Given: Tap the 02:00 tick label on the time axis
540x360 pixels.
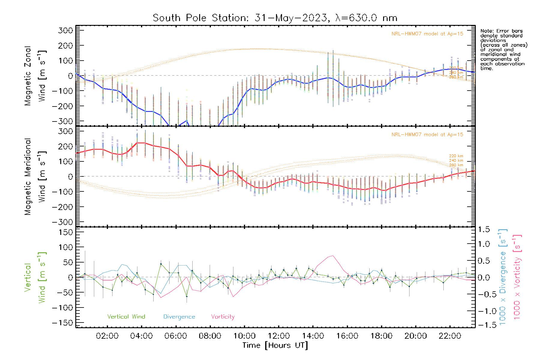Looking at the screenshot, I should click(107, 336).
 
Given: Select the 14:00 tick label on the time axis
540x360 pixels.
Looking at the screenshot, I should click(313, 336).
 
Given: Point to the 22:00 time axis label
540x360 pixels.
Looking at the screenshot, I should click(450, 336).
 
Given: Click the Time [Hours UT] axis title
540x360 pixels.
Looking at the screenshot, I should click(275, 345).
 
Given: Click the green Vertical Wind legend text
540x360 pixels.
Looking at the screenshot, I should click(126, 317).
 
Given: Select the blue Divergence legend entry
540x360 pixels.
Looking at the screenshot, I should click(179, 317).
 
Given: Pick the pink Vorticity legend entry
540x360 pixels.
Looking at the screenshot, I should click(223, 317).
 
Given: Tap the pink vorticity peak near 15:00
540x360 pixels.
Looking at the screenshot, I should click(332, 256).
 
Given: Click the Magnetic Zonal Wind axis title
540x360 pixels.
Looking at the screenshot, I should click(35, 76).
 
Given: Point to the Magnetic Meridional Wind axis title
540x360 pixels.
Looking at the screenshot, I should click(35, 176).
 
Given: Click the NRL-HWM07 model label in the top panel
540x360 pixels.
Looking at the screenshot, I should click(427, 34).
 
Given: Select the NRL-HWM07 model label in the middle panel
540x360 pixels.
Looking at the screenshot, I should click(427, 135).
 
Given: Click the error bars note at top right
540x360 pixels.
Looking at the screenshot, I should click(503, 49).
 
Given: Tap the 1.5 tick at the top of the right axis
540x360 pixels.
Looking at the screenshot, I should click(484, 229).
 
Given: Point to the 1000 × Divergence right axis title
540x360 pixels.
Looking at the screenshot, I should click(503, 277).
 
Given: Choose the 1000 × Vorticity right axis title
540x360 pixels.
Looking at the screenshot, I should click(517, 277).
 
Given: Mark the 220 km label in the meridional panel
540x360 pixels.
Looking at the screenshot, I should click(456, 156).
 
